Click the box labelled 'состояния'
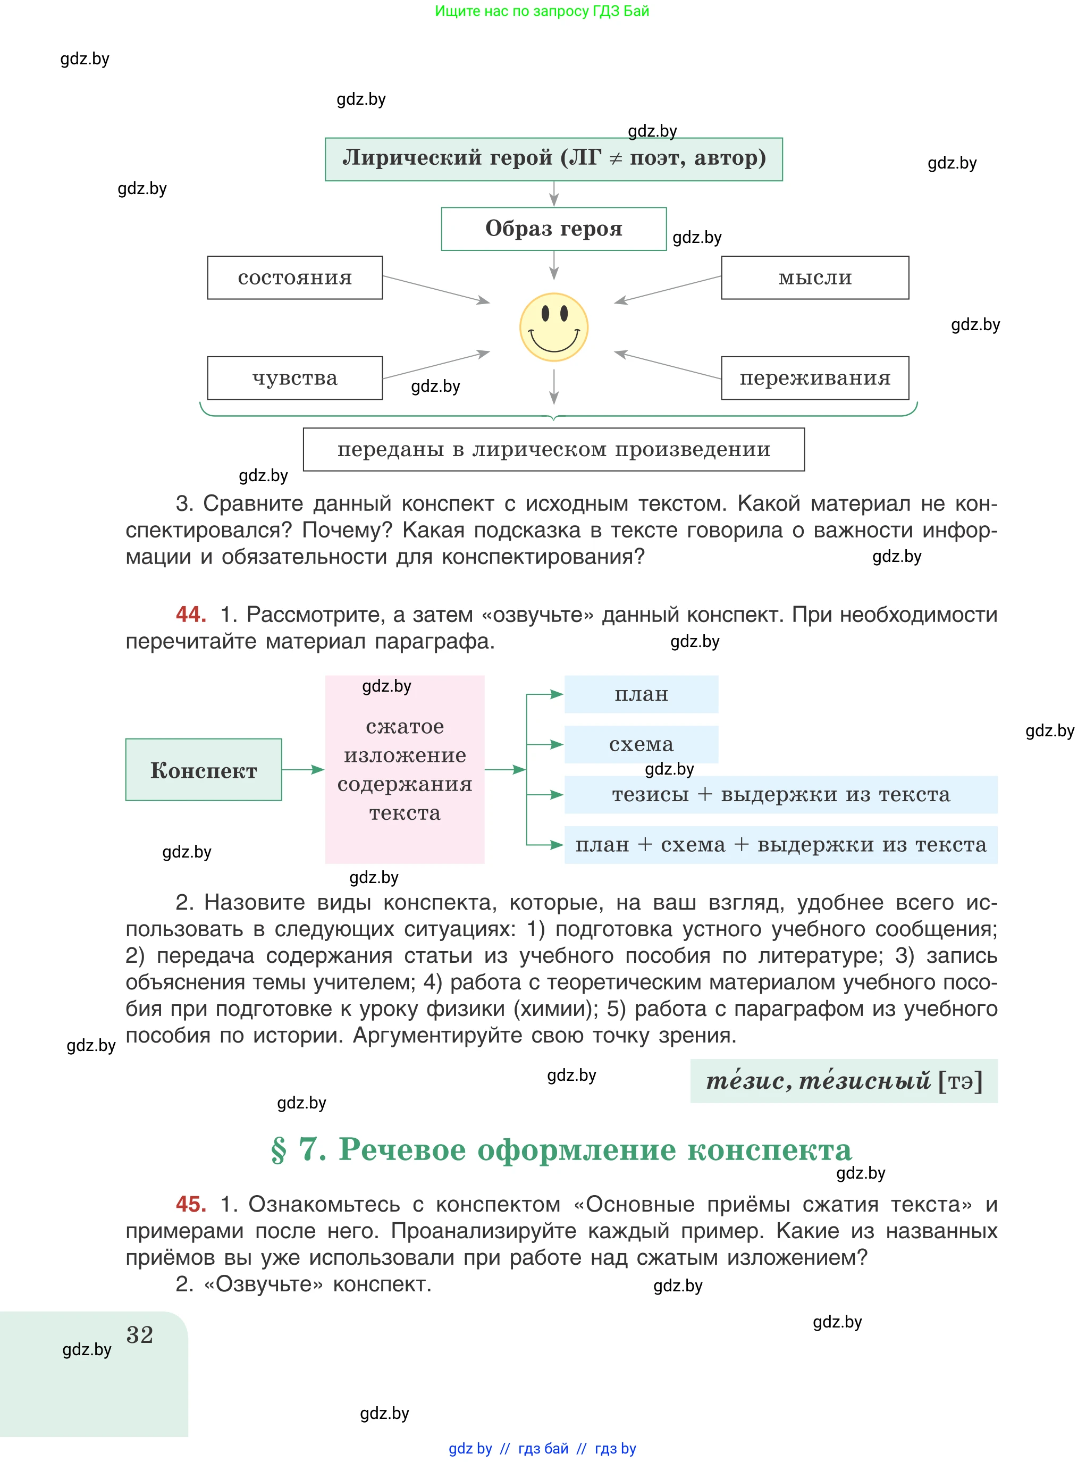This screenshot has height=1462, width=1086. (x=294, y=278)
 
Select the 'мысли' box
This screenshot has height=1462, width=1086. (x=814, y=278)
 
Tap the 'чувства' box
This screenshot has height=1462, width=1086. (x=294, y=378)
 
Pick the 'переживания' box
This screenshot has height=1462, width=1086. (x=814, y=378)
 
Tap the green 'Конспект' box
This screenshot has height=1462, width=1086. (x=203, y=770)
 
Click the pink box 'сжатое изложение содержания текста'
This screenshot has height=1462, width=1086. (x=405, y=770)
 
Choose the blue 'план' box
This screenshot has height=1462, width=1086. (x=641, y=694)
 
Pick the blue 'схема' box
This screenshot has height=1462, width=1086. (x=641, y=744)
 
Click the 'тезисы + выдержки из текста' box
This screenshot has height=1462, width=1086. (x=780, y=795)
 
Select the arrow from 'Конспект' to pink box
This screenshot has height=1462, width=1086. (x=303, y=769)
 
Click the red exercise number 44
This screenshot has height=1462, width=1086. (x=191, y=615)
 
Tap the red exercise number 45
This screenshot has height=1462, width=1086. (x=191, y=1204)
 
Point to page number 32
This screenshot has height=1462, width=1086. (x=139, y=1335)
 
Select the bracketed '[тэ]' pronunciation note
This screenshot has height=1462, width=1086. (x=960, y=1081)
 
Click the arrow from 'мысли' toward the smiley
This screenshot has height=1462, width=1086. (x=667, y=290)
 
